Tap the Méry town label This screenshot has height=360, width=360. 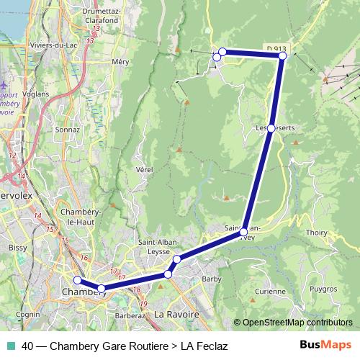coord(120,63)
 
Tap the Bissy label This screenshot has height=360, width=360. coord(17,247)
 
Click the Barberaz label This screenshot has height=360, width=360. coord(130,315)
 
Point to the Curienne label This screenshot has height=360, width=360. coord(270,292)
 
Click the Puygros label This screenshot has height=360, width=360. coord(323,289)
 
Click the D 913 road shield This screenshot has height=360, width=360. coord(275,48)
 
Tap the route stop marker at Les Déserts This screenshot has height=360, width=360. coord(271,128)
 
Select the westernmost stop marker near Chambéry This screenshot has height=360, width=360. coord(78,281)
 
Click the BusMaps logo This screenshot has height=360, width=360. coord(325,345)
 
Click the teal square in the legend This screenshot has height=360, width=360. coord(9,346)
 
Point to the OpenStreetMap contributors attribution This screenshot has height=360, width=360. coord(297,323)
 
